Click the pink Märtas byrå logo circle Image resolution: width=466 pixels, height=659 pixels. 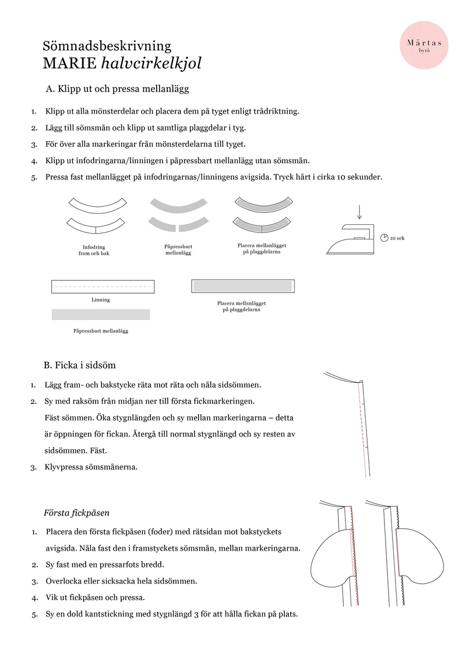click(424, 45)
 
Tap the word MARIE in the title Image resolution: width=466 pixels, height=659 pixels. click(70, 63)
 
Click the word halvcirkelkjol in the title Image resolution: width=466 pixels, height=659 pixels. click(151, 63)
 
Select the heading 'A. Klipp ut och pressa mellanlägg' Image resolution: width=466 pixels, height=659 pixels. click(117, 89)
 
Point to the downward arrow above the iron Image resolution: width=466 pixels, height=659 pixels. click(359, 212)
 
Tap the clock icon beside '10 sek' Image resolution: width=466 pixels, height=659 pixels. click(384, 238)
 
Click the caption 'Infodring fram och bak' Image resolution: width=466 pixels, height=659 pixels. click(94, 250)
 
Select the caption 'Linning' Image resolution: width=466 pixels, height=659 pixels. click(101, 299)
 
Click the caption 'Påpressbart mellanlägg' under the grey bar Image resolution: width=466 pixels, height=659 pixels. click(101, 331)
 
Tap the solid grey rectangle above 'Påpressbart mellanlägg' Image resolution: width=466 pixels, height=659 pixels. click(101, 315)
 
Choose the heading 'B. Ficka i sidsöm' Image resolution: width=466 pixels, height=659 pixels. click(80, 365)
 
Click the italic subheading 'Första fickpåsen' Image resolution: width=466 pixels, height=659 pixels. click(76, 513)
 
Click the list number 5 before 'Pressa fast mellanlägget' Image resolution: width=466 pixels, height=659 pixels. click(34, 177)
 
